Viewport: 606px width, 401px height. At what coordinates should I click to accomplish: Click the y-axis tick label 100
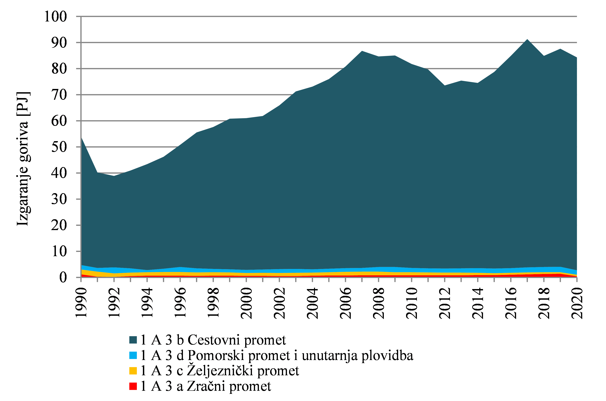[55, 17]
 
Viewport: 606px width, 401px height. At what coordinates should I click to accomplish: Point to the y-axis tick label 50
[59, 147]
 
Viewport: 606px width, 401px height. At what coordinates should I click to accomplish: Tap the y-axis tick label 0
[63, 277]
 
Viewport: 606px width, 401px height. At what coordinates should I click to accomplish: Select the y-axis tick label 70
[59, 95]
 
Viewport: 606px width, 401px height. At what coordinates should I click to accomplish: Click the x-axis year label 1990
[81, 303]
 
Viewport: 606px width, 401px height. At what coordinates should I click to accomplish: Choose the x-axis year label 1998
[213, 303]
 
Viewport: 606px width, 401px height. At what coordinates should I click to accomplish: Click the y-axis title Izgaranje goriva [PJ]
[23, 159]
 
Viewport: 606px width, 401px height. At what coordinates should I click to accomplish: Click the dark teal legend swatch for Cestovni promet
[133, 340]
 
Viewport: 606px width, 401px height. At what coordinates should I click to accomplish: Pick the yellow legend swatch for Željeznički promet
[133, 371]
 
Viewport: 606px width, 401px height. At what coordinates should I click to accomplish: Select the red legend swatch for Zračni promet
[133, 386]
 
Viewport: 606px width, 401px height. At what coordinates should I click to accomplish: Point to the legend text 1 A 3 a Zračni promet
[206, 386]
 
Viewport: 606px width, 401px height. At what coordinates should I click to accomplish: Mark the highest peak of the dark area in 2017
[527, 40]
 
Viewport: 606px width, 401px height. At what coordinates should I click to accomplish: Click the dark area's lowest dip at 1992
[114, 176]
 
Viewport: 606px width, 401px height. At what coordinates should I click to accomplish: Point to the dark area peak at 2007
[362, 51]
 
